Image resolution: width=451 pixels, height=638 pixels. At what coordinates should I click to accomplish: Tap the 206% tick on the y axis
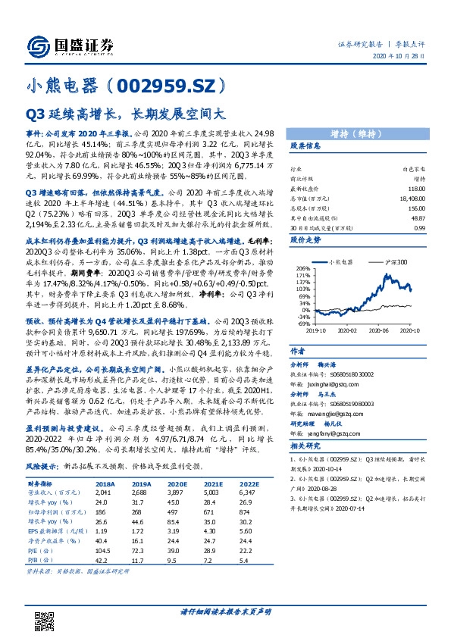coord(301,269)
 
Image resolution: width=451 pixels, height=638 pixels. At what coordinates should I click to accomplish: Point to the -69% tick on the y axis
coord(302,324)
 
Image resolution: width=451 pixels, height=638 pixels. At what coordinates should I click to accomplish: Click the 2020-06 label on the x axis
coord(381,330)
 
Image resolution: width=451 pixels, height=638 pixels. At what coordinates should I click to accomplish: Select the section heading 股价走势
coord(306,239)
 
